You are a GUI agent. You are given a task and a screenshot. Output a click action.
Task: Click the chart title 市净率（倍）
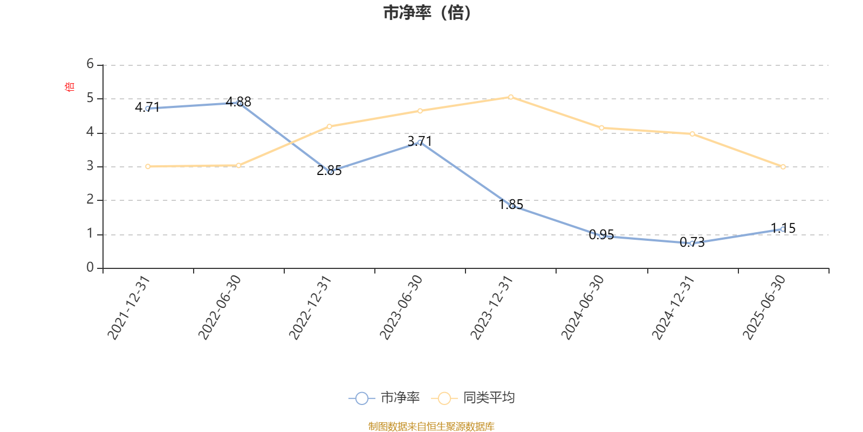pyautogui.click(x=427, y=13)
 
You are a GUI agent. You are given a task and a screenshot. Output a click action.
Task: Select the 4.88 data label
pyautogui.click(x=238, y=102)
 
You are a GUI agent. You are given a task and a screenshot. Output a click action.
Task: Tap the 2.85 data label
pyautogui.click(x=329, y=171)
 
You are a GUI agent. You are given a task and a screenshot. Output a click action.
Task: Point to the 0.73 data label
pyautogui.click(x=692, y=242)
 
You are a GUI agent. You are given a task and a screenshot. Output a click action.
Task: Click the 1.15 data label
pyautogui.click(x=783, y=228)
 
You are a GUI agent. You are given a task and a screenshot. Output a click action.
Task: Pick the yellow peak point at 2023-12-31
pyautogui.click(x=511, y=97)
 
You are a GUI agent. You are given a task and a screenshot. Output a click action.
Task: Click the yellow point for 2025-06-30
pyautogui.click(x=783, y=167)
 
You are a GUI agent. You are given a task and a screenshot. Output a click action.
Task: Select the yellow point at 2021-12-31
pyautogui.click(x=148, y=166)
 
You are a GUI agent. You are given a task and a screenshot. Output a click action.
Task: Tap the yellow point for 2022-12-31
pyautogui.click(x=330, y=126)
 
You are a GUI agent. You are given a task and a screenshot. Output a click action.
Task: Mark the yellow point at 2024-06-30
pyautogui.click(x=601, y=128)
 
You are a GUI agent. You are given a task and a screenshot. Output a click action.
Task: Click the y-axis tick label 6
pyautogui.click(x=90, y=64)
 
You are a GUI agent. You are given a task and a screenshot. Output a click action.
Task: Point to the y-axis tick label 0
pyautogui.click(x=90, y=268)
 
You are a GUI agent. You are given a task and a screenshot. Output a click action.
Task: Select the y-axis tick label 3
pyautogui.click(x=90, y=166)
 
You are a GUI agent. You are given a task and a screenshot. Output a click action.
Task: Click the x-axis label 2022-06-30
pyautogui.click(x=220, y=307)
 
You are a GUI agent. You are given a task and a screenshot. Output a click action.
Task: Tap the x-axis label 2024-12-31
pyautogui.click(x=673, y=307)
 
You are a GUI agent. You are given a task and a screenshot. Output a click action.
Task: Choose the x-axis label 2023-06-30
pyautogui.click(x=401, y=307)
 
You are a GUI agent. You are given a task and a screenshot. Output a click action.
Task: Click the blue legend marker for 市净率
pyautogui.click(x=362, y=399)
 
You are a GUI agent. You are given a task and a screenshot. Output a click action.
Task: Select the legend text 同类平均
pyautogui.click(x=489, y=399)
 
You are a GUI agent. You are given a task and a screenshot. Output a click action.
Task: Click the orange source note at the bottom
pyautogui.click(x=431, y=427)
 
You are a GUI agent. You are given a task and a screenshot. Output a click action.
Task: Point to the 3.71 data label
pyautogui.click(x=420, y=141)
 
